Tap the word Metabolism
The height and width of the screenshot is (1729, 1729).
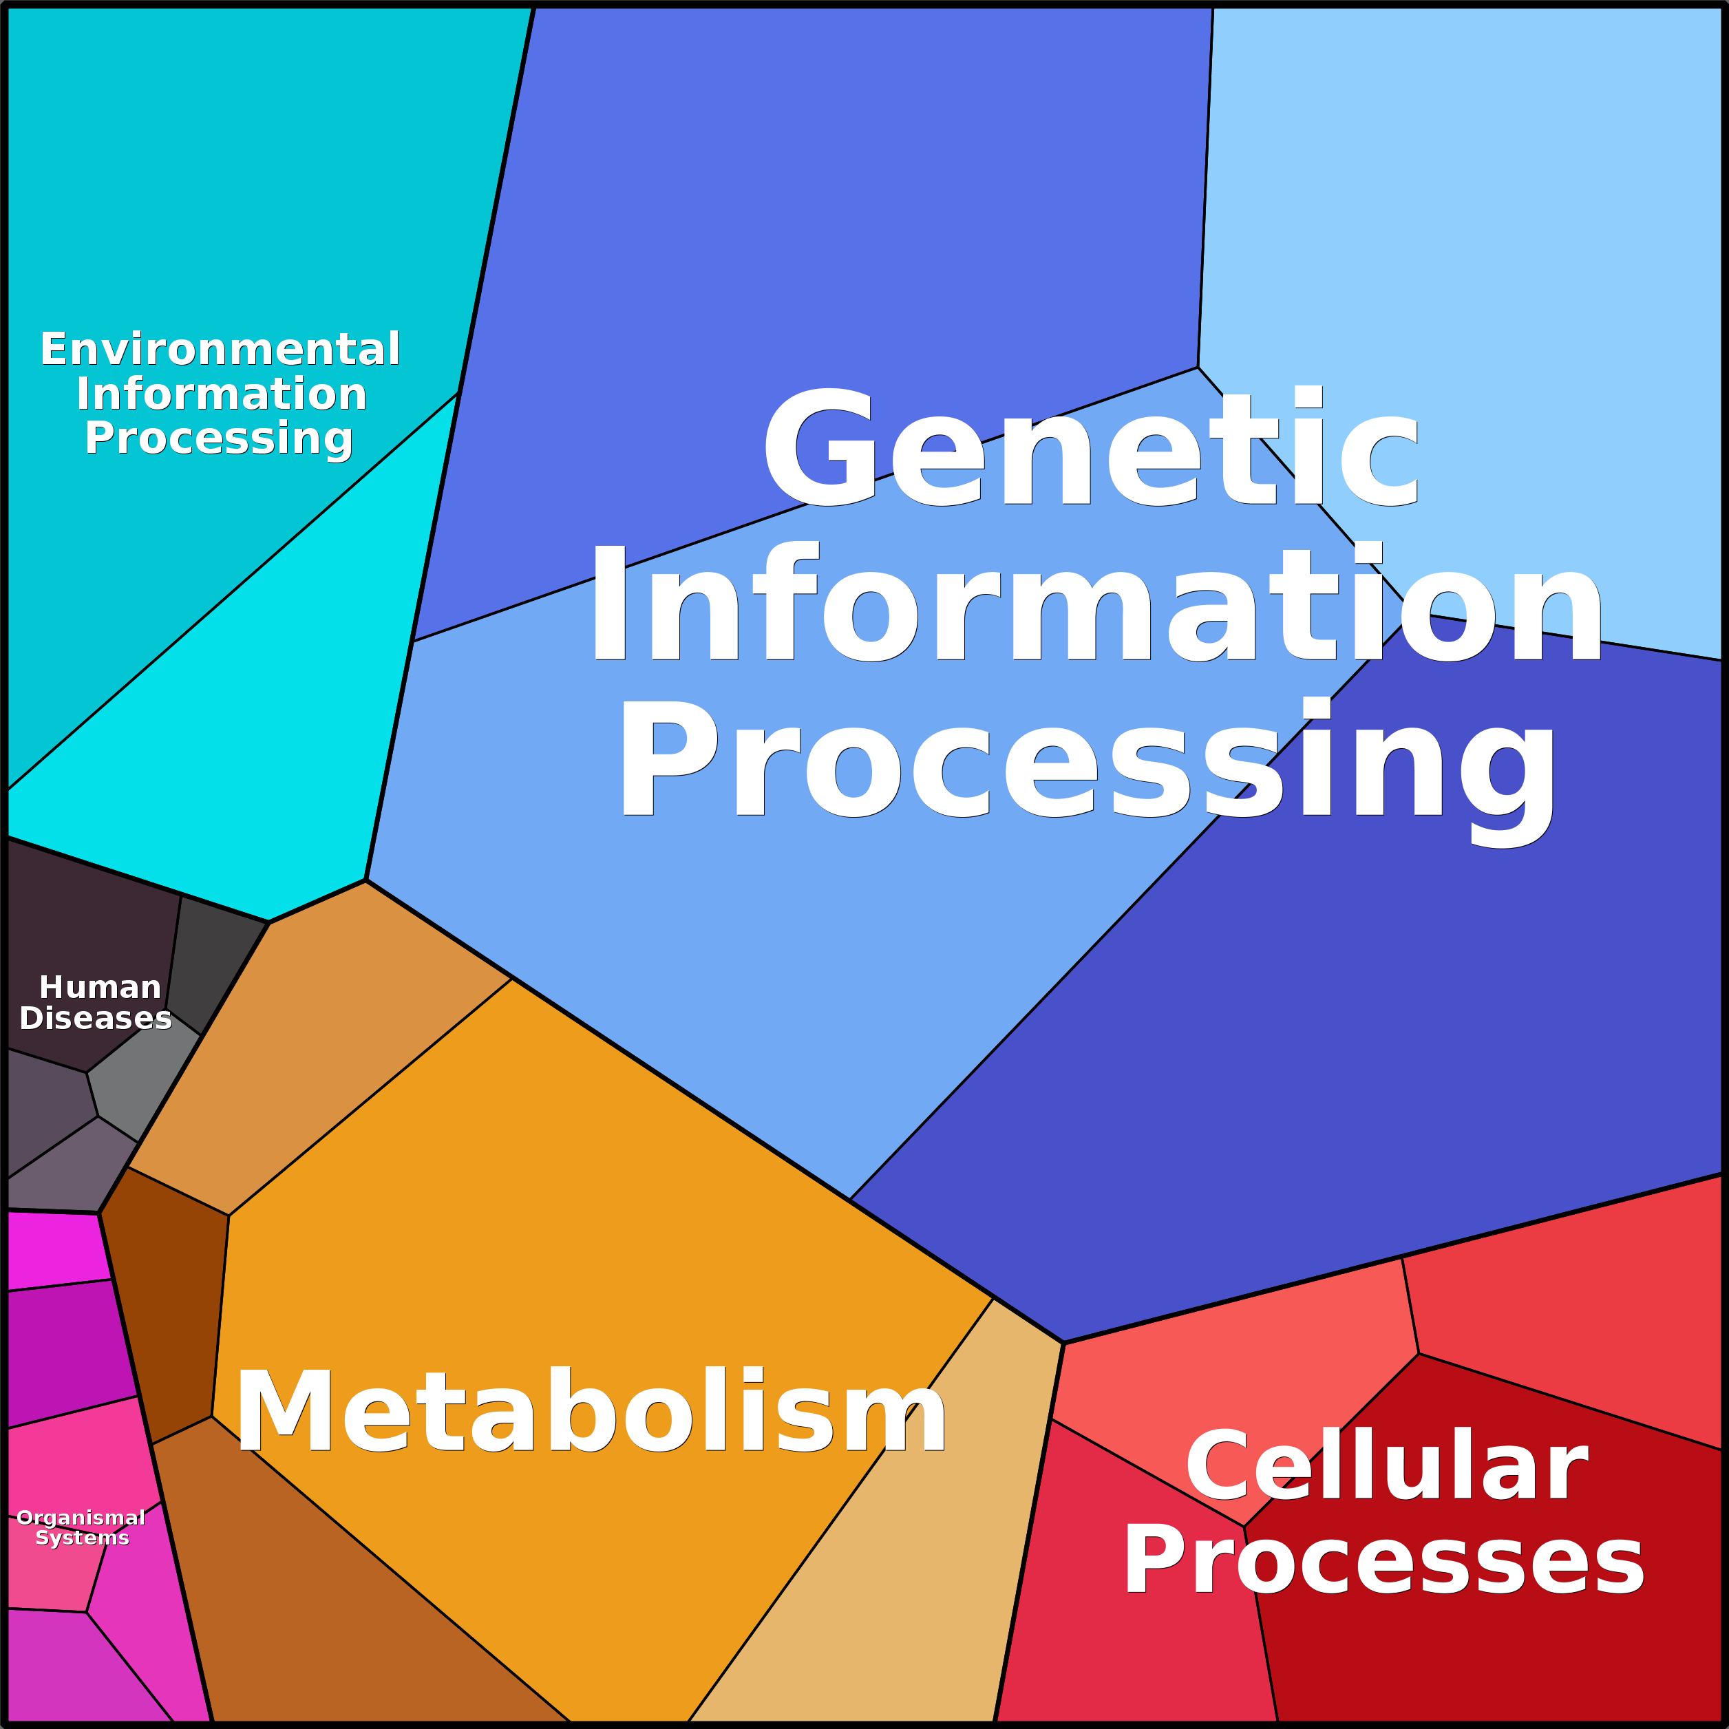click(591, 1412)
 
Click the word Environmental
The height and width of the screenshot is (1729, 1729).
click(220, 349)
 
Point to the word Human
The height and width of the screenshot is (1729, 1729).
click(100, 987)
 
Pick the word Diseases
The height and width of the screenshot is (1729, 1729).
click(96, 1019)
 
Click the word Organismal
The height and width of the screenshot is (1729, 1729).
click(81, 1518)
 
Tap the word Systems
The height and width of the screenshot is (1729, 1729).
click(83, 1538)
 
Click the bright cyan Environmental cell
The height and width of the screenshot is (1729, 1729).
click(224, 743)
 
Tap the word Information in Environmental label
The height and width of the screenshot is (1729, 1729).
click(222, 394)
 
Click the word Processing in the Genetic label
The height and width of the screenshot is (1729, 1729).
click(1088, 761)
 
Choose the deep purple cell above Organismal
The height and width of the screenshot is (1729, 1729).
click(67, 1351)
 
